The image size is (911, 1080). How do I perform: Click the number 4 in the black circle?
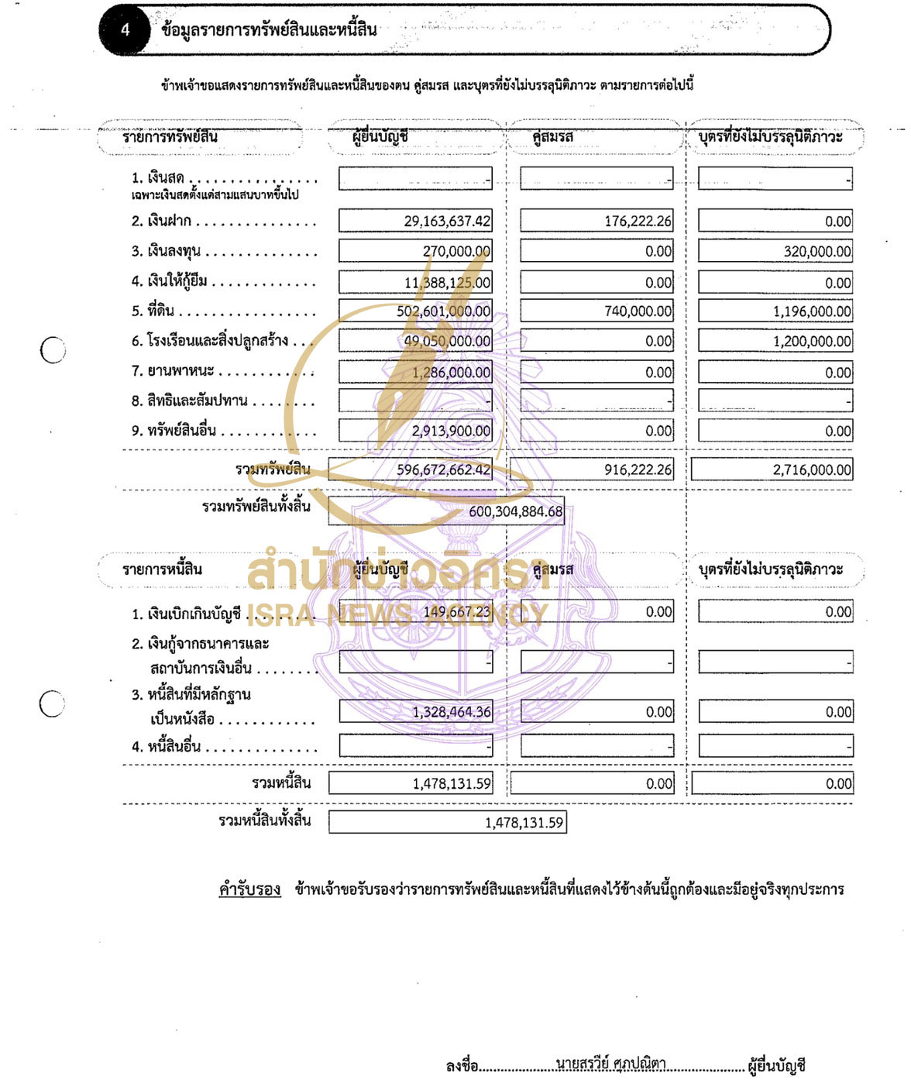125,30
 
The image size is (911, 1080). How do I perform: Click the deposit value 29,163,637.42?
447,222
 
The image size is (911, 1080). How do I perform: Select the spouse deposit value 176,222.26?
638,222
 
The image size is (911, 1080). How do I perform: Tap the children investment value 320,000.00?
817,252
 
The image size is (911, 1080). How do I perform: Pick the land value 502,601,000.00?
443,311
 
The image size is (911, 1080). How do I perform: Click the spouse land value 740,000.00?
638,311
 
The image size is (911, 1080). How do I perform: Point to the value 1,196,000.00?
812,311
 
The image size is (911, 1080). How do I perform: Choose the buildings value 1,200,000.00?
812,342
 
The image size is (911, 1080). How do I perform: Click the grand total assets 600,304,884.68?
515,512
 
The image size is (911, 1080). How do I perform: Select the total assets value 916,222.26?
638,469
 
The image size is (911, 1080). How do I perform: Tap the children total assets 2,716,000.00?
812,469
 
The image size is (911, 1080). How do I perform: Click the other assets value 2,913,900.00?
451,431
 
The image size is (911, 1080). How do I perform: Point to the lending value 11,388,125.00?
447,283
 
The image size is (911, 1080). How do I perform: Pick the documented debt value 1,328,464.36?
451,712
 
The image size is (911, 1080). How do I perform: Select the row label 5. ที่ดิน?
153,311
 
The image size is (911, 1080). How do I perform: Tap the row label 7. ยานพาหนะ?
172,371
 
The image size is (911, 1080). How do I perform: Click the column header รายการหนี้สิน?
162,569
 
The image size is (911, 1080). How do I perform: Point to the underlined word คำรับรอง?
249,889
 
